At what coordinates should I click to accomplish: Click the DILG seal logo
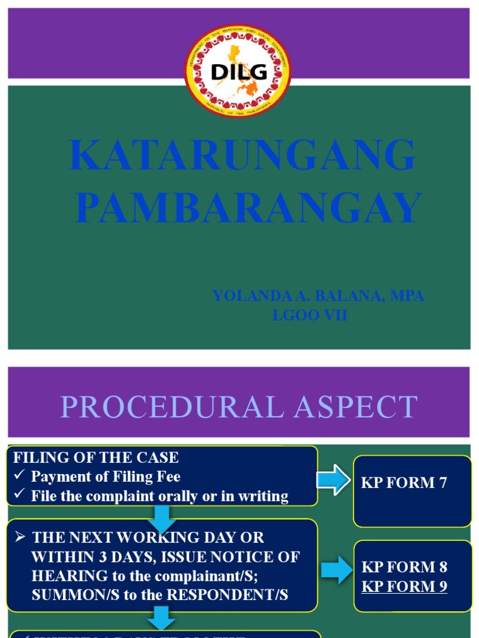(238, 70)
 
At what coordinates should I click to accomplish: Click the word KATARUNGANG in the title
(242, 155)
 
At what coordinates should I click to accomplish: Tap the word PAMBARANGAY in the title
(248, 208)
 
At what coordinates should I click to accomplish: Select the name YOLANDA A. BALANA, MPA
(318, 296)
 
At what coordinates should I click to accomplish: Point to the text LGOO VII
(310, 316)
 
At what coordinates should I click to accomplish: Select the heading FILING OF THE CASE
(96, 458)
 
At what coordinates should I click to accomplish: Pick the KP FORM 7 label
(404, 483)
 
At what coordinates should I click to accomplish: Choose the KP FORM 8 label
(404, 567)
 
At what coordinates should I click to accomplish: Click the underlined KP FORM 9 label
(404, 586)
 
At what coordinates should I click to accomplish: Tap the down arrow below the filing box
(161, 515)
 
